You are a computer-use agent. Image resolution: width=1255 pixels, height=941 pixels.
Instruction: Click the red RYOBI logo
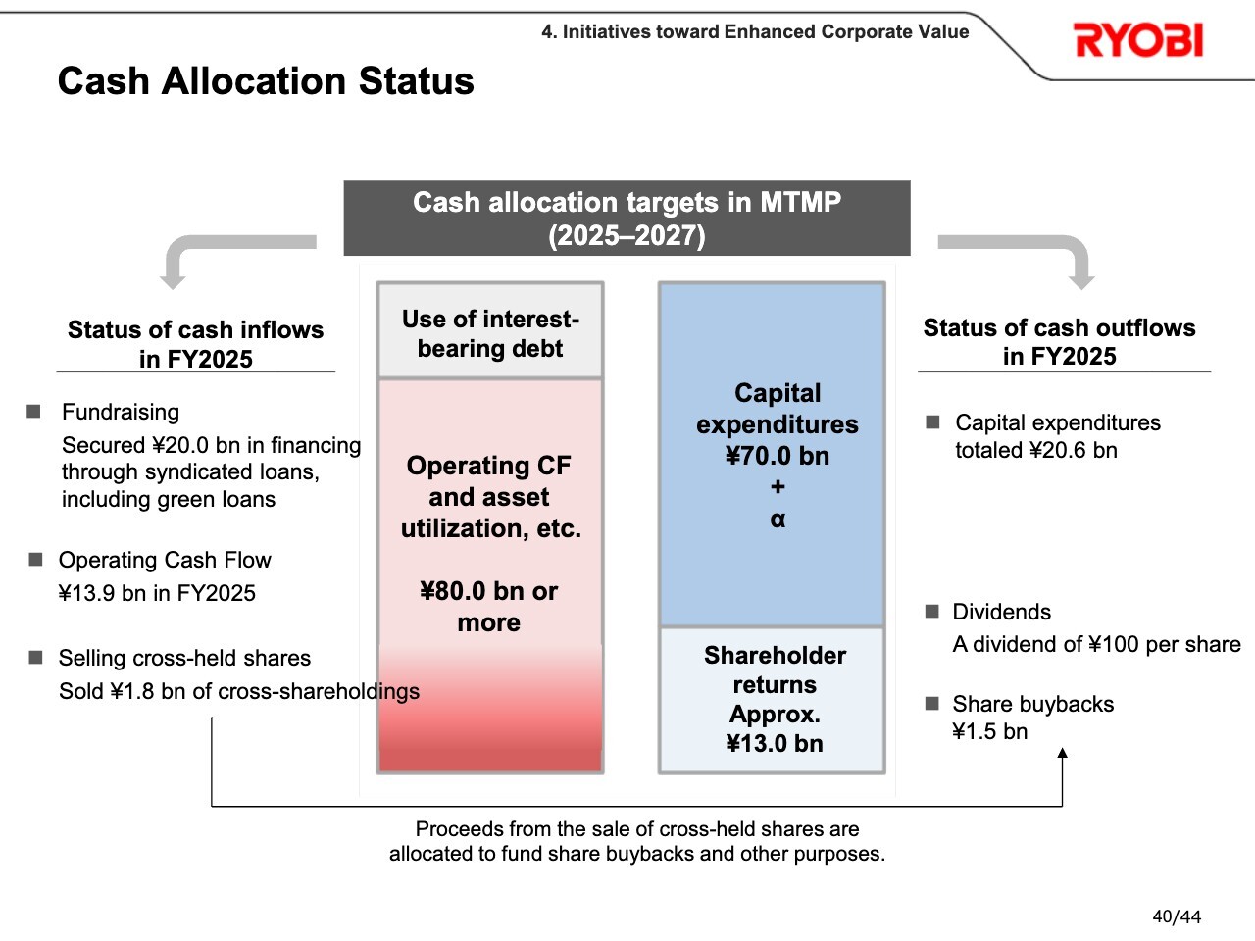(1138, 40)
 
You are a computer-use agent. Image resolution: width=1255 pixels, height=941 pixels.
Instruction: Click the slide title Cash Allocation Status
(266, 80)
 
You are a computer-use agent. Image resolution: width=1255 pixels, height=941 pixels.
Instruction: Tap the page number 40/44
(1177, 916)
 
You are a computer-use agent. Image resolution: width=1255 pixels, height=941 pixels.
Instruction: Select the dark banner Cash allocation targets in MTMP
(627, 219)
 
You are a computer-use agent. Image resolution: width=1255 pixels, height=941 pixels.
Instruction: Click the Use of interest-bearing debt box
(490, 330)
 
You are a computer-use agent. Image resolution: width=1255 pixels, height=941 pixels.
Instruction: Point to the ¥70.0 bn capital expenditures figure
(777, 456)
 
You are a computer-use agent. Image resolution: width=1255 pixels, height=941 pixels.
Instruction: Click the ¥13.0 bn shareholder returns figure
(775, 743)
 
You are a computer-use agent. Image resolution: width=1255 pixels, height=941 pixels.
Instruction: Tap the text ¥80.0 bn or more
(489, 606)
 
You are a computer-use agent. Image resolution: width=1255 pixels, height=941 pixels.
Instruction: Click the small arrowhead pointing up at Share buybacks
(1062, 753)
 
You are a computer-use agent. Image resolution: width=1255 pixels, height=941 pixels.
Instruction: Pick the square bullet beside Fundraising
(33, 412)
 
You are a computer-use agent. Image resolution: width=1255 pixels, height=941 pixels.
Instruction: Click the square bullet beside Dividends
(932, 612)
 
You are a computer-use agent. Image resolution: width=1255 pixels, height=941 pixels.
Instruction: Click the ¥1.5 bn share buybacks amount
(989, 731)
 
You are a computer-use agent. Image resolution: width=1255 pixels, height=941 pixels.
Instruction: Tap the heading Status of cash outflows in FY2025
(1059, 342)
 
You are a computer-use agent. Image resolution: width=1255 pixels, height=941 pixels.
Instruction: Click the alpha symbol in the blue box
(778, 520)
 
